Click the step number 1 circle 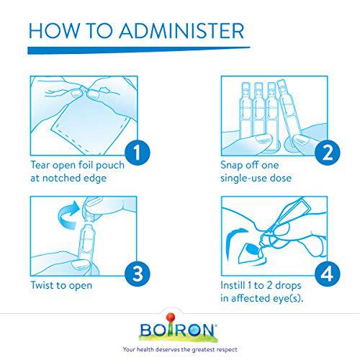tap(138, 153)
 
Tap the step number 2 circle tap(328, 153)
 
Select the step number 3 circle tap(138, 274)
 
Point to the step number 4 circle tap(328, 274)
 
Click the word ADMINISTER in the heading tap(181, 31)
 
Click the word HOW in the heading tap(55, 31)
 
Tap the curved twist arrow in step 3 tap(68, 215)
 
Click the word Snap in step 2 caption tap(232, 166)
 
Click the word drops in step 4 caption tap(288, 285)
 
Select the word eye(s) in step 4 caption tap(288, 298)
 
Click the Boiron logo tap(178, 328)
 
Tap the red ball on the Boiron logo tap(170, 317)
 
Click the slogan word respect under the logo tap(227, 349)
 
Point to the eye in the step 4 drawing tap(251, 250)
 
